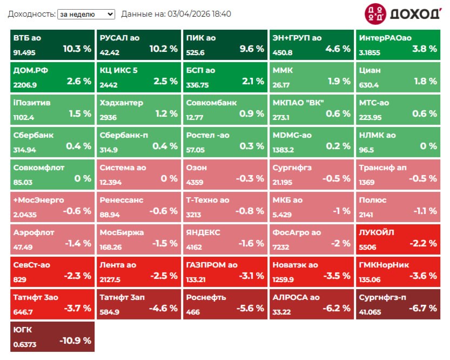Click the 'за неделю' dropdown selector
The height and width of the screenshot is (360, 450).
coord(86,14)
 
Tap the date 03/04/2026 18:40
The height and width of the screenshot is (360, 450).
coord(199,14)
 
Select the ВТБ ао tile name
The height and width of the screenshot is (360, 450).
coord(27,38)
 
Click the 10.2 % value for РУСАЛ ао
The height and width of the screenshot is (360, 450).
coord(163,49)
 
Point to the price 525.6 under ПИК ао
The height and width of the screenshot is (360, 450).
coord(196,53)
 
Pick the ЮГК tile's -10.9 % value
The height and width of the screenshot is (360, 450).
coord(75,341)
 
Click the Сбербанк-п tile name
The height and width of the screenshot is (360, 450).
coord(124,135)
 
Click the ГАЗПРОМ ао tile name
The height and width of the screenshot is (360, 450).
coord(212,265)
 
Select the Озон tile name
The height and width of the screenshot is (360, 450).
coord(197,168)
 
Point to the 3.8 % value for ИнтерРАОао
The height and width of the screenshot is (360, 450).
coord(425,49)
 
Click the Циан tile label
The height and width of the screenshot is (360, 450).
coord(370,70)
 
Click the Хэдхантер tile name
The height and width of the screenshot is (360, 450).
coord(122,103)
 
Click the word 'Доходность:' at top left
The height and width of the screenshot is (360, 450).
coord(31,14)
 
